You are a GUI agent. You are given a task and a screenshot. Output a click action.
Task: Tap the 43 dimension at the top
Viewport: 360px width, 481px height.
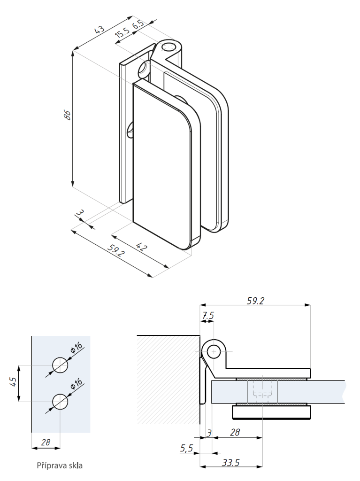click(100, 30)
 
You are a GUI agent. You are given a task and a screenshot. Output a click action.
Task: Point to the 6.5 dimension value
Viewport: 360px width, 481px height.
click(138, 25)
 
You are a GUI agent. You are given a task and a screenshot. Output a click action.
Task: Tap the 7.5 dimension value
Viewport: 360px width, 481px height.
click(208, 316)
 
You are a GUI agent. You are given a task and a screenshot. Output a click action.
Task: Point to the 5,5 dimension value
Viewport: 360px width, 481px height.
click(186, 449)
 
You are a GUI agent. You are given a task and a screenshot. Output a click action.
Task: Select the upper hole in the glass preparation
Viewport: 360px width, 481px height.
click(60, 365)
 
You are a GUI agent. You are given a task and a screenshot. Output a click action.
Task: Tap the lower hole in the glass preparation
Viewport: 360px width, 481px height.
click(60, 401)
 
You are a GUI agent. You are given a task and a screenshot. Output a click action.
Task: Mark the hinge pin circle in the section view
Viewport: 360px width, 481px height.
click(214, 351)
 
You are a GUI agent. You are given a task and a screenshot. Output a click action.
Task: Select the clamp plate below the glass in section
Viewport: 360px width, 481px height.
click(272, 412)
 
